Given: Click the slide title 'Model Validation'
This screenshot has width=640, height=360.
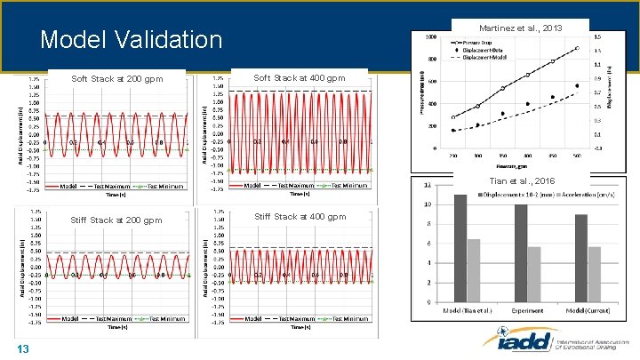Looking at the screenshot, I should point(132,40).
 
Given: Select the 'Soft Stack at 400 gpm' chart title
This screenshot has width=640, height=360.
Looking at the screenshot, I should point(300,78).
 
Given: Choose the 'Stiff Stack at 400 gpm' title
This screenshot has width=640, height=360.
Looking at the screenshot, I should point(300,216).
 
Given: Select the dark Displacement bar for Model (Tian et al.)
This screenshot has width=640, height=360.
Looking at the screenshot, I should point(460,248).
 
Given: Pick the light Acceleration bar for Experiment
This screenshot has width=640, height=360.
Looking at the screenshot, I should point(534,274).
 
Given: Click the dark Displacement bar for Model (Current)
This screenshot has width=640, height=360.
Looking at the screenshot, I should point(580,258).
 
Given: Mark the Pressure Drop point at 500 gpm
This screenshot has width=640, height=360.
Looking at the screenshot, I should point(577,48).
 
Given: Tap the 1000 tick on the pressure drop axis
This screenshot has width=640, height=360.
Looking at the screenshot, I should point(430,38).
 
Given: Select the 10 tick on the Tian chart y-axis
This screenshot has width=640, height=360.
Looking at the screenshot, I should point(428,204).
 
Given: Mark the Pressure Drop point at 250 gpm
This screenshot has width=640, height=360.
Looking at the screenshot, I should point(453,117).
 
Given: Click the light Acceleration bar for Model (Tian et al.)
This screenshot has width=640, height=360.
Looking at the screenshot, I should point(474,270).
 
